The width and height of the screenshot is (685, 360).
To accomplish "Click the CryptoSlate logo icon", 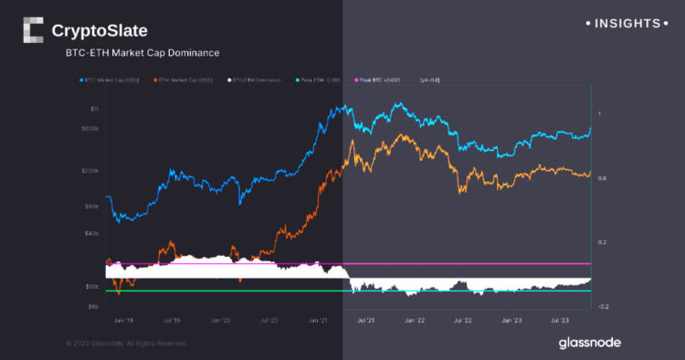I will pos(32,30).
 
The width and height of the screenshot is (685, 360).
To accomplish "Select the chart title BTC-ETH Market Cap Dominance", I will pos(142,54).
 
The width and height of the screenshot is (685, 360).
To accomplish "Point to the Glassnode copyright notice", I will pos(126,343).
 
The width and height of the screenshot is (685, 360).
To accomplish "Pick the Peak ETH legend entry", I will pos(319,81).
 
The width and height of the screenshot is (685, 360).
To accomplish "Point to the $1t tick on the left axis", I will pos(95,108).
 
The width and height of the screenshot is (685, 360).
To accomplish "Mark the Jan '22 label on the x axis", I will pos(415,322).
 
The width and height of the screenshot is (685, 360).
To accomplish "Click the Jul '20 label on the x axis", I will pos(269,322).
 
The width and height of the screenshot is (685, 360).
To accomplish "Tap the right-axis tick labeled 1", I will pos(599,113).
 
